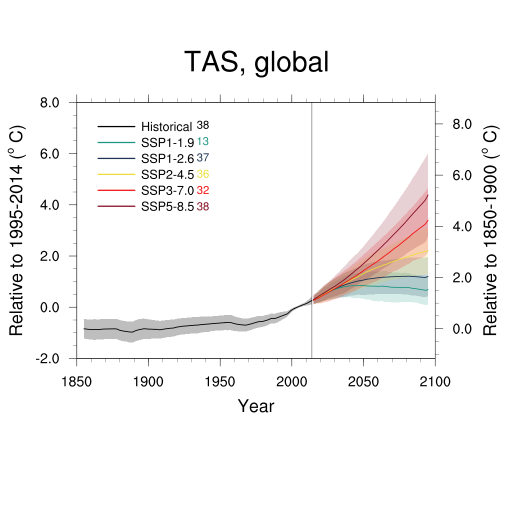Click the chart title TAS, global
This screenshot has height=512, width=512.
click(256, 62)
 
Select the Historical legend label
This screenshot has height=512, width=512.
click(166, 127)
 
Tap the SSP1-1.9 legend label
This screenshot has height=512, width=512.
click(167, 143)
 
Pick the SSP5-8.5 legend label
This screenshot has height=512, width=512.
click(167, 207)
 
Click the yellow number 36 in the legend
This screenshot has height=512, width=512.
click(202, 174)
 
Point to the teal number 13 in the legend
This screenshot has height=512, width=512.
click(202, 142)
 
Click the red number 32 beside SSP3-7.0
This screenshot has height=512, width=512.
click(202, 190)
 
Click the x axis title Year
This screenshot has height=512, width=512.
click(256, 406)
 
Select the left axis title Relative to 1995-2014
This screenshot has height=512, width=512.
click(17, 230)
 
